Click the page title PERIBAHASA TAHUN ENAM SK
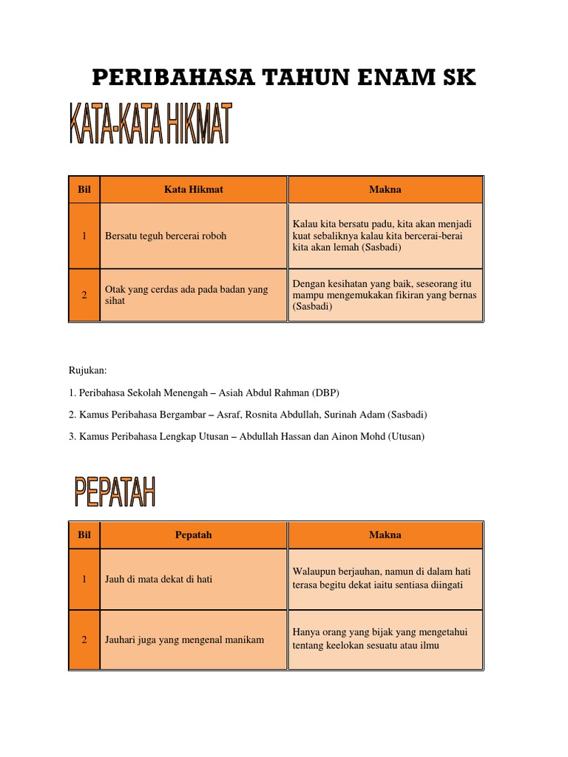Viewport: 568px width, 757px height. pyautogui.click(x=284, y=77)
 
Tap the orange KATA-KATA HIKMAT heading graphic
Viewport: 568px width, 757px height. pyautogui.click(x=151, y=125)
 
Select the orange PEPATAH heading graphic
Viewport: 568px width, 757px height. pyautogui.click(x=115, y=492)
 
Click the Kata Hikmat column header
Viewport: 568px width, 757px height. pyautogui.click(x=193, y=189)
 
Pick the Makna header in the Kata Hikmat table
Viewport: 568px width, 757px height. pyautogui.click(x=385, y=189)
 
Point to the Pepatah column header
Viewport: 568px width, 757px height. pyautogui.click(x=193, y=534)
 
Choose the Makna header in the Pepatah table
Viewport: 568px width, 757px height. pyautogui.click(x=385, y=534)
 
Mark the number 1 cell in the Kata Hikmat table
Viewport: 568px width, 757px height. pyautogui.click(x=84, y=236)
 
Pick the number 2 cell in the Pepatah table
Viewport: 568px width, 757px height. pyautogui.click(x=84, y=639)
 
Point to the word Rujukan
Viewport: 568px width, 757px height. pyautogui.click(x=88, y=370)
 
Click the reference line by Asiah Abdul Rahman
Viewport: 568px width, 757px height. pyautogui.click(x=203, y=392)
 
